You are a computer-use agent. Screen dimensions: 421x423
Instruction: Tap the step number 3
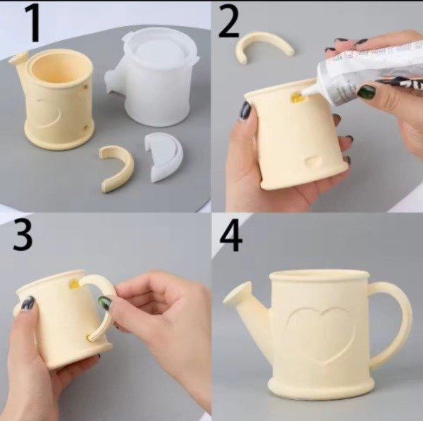pyautogui.click(x=23, y=235)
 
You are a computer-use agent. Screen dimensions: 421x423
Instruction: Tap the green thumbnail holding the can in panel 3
pyautogui.click(x=104, y=303)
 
